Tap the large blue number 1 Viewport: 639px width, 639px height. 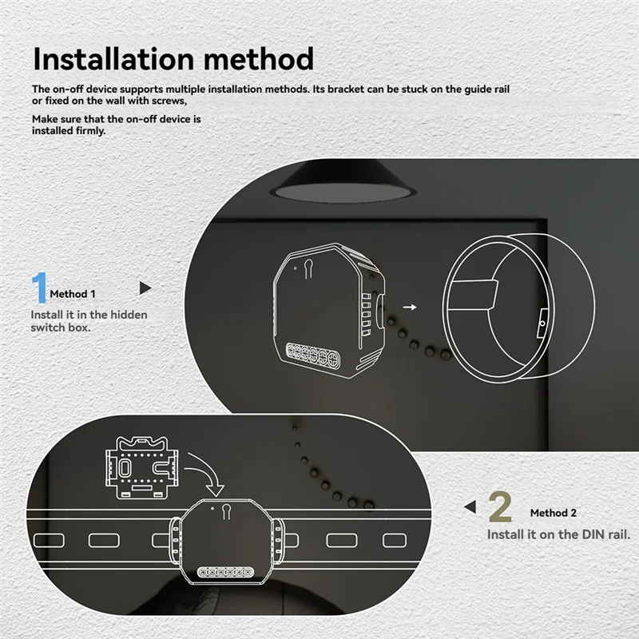coord(39,289)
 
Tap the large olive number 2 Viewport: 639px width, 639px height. coord(500,507)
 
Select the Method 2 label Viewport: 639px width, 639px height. coord(553,513)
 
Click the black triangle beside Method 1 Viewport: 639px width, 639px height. coord(145,288)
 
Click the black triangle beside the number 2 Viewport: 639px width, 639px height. coord(470,506)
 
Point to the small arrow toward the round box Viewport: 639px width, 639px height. coord(410,306)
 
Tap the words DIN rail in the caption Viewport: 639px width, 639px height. coord(603,534)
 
